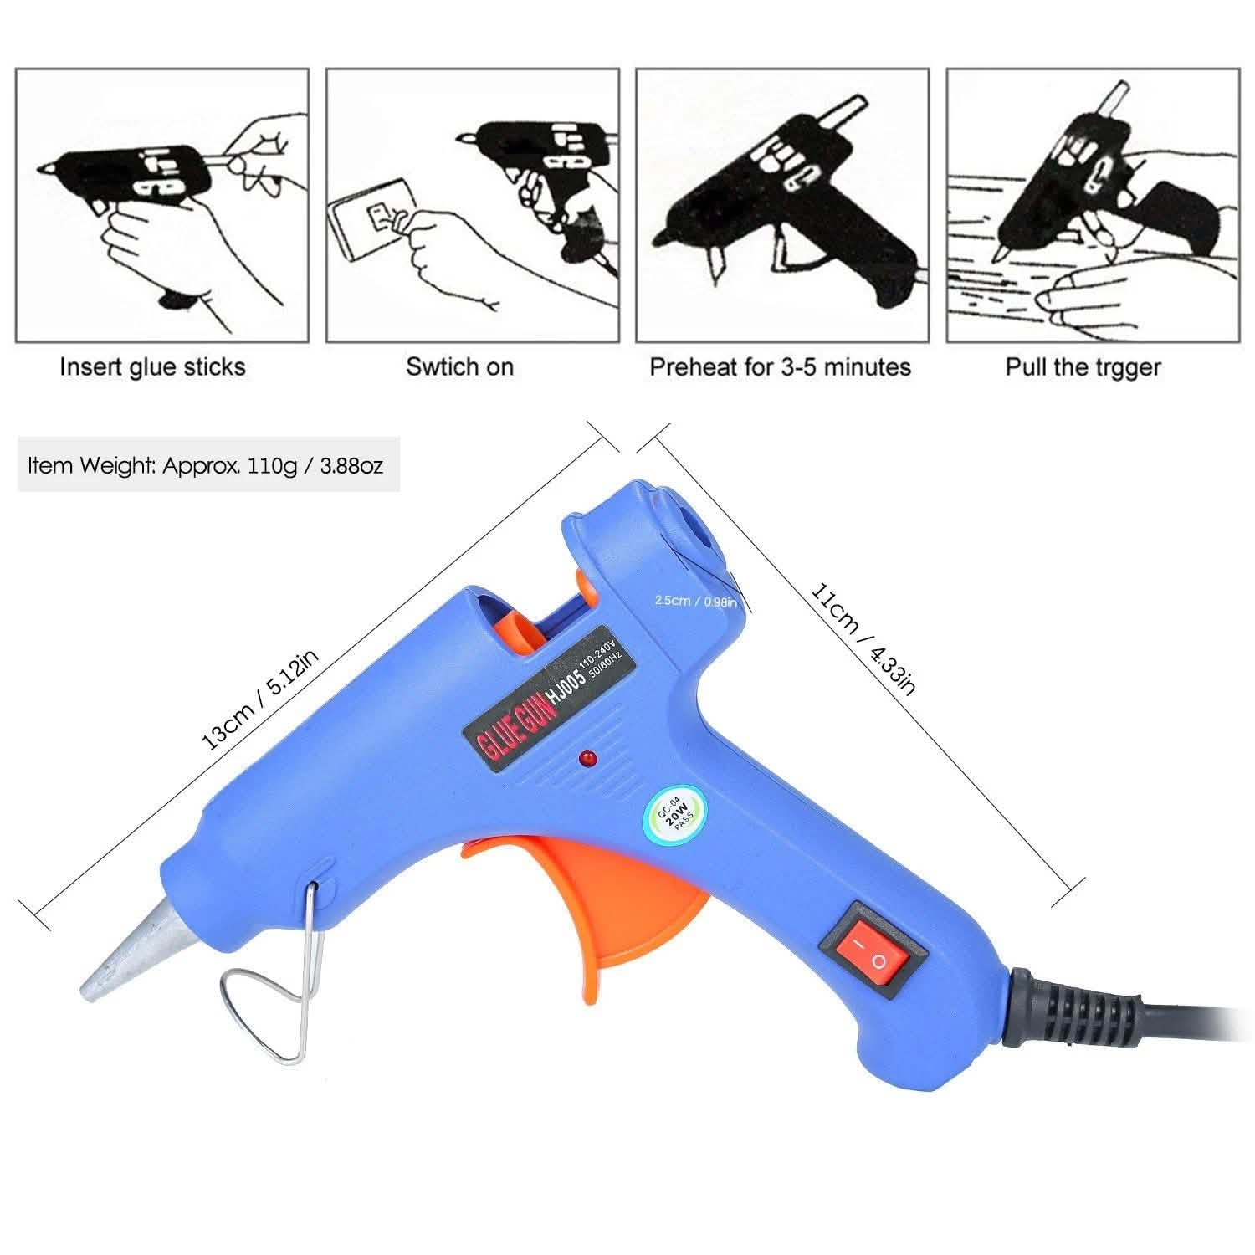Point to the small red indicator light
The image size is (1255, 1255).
point(586,759)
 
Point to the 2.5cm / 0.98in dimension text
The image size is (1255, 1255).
point(695,601)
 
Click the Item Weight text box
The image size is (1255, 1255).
point(207,464)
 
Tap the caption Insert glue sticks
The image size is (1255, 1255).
point(152,367)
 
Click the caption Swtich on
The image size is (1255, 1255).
point(459,367)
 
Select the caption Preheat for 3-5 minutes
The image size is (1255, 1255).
point(780,367)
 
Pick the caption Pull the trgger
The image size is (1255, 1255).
point(1083,367)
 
